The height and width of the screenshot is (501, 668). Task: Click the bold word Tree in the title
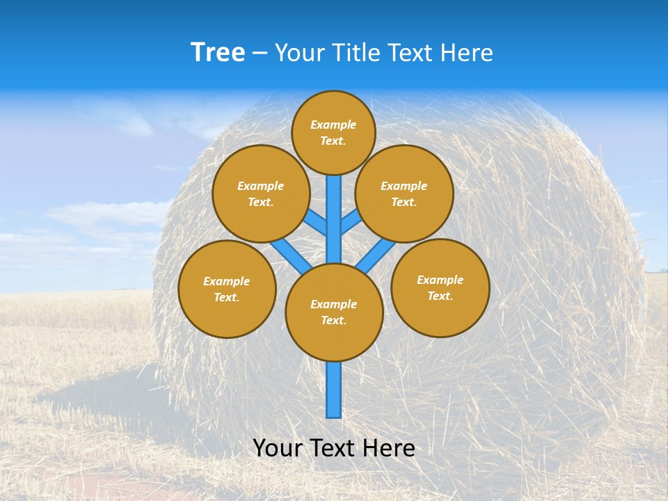[218, 53]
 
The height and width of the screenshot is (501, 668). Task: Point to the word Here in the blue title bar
[467, 53]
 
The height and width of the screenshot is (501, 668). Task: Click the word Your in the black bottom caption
[278, 448]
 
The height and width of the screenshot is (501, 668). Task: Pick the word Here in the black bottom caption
[389, 448]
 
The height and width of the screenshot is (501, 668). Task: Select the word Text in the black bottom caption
[333, 448]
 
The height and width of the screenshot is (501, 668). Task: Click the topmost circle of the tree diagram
[333, 132]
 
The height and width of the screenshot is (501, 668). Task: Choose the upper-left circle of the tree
[260, 193]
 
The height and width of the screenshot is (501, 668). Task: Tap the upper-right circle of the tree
[404, 193]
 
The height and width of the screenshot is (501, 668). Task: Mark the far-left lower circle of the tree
[227, 289]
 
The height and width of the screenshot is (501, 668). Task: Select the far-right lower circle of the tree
[440, 287]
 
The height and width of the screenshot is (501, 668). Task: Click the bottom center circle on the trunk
[334, 312]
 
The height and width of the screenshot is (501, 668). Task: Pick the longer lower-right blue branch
[376, 254]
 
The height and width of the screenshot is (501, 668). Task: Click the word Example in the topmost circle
[333, 125]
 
